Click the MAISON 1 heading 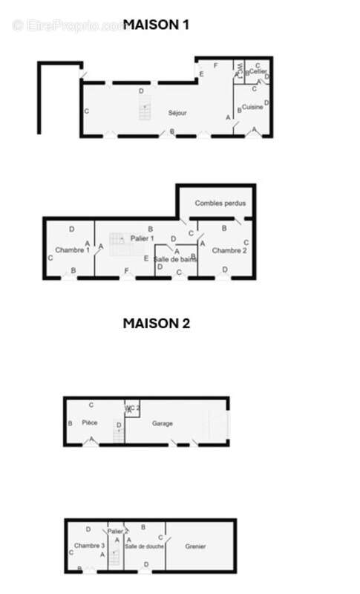[x=156, y=25]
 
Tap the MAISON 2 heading [x=156, y=323]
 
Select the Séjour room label [x=177, y=113]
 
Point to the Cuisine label [x=252, y=108]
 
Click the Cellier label [x=258, y=71]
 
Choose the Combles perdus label [x=220, y=203]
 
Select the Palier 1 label [x=142, y=238]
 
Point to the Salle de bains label [x=177, y=259]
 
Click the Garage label [x=163, y=423]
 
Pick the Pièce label [x=90, y=422]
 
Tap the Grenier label [x=196, y=547]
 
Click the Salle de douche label [x=145, y=546]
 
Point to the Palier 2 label [x=118, y=532]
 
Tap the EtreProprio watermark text [x=71, y=26]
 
